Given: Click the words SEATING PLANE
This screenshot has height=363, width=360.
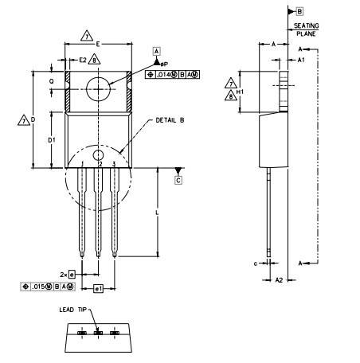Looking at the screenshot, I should pyautogui.click(x=306, y=30).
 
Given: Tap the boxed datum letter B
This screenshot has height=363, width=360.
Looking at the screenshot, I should pyautogui.click(x=299, y=11).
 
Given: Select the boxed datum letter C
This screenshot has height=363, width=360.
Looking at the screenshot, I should pyautogui.click(x=178, y=180).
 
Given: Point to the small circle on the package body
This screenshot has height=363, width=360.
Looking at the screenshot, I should pyautogui.click(x=97, y=155).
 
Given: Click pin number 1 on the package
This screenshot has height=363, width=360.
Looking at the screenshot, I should pyautogui.click(x=83, y=163).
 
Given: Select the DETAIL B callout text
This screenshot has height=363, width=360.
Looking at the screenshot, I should pyautogui.click(x=169, y=119).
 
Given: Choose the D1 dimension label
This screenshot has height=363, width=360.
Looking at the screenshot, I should pyautogui.click(x=51, y=140).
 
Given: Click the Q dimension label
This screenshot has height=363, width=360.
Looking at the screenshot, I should pyautogui.click(x=51, y=81).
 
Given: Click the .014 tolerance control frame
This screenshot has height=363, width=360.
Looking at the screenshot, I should pyautogui.click(x=173, y=74).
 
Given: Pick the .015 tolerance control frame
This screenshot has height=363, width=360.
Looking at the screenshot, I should pyautogui.click(x=49, y=286).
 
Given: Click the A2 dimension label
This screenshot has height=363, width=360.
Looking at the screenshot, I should pyautogui.click(x=279, y=280).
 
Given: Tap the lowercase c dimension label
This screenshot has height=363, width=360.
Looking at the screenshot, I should pyautogui.click(x=255, y=262).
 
